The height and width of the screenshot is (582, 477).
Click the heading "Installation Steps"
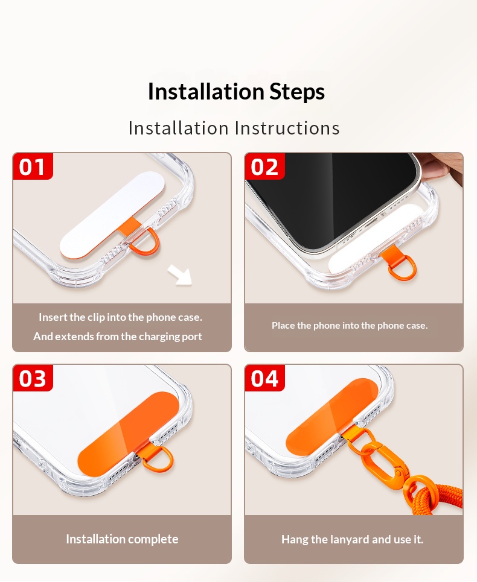pyautogui.click(x=236, y=92)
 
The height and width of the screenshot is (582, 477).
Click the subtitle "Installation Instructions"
pyautogui.click(x=234, y=128)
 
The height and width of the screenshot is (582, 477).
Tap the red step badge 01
pyautogui.click(x=33, y=166)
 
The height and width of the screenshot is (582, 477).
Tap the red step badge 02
pyautogui.click(x=264, y=166)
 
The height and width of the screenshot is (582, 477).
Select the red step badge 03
pyautogui.click(x=33, y=378)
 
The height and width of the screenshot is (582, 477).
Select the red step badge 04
pyautogui.click(x=264, y=378)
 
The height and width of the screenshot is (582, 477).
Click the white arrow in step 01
pyautogui.click(x=180, y=275)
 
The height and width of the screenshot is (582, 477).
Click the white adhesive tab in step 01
pyautogui.click(x=112, y=215)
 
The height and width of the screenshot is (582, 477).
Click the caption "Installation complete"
pyautogui.click(x=122, y=539)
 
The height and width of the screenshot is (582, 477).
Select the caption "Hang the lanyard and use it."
pyautogui.click(x=352, y=539)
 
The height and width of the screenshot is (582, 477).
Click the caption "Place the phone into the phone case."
pyautogui.click(x=350, y=326)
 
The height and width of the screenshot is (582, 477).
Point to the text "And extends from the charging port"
pyautogui.click(x=117, y=337)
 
